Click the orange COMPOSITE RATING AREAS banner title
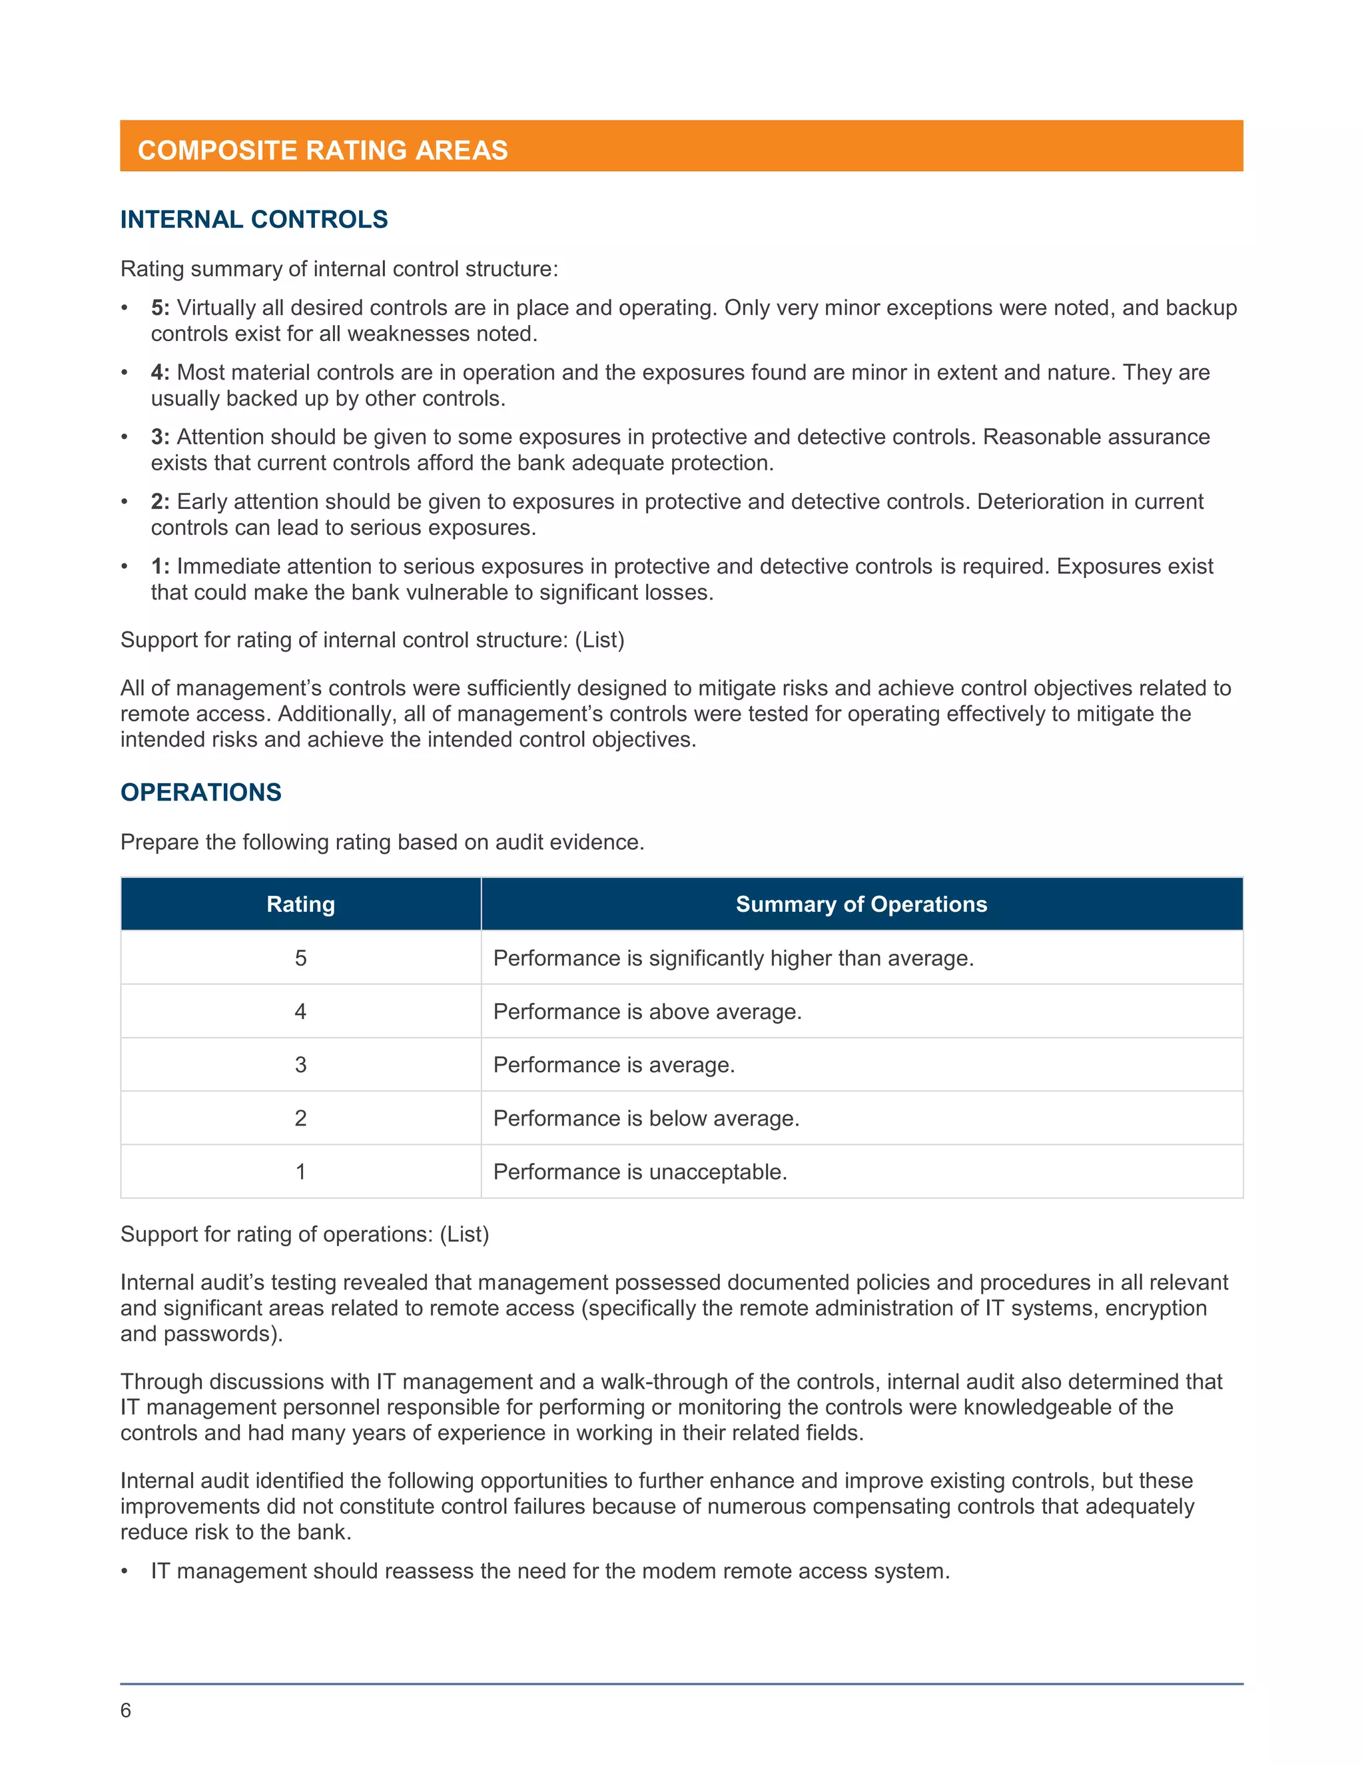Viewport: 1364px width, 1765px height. [x=322, y=151]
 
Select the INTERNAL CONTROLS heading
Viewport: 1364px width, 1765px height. [x=254, y=219]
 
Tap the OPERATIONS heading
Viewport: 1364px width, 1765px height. [x=200, y=792]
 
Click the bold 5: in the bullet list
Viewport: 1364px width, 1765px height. [x=160, y=308]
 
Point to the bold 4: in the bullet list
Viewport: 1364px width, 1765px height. [x=160, y=372]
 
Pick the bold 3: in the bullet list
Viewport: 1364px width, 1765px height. [x=160, y=437]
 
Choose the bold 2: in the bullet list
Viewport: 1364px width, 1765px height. [x=160, y=502]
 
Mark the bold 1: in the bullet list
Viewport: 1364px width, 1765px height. [x=160, y=567]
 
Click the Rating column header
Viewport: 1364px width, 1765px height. [x=300, y=904]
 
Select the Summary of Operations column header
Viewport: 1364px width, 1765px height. [x=861, y=904]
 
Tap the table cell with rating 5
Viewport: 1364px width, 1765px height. [x=300, y=958]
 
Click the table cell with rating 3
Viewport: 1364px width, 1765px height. [x=300, y=1064]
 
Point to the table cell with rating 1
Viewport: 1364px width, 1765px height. [x=300, y=1172]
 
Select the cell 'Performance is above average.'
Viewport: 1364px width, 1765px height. [x=647, y=1012]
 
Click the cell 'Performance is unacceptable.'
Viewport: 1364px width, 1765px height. [x=640, y=1172]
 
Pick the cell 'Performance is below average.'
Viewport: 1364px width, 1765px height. [x=645, y=1118]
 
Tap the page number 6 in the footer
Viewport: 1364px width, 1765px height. [x=125, y=1710]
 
